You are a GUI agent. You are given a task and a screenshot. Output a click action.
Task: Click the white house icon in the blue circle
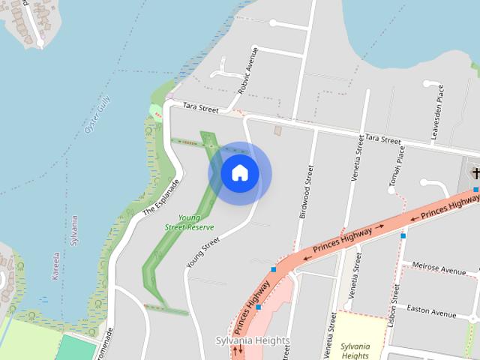(x=240, y=173)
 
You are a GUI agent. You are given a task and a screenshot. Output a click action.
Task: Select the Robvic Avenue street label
(x=247, y=70)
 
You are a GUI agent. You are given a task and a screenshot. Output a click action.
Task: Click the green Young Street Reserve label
(x=190, y=222)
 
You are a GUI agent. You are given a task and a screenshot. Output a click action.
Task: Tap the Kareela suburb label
(x=55, y=265)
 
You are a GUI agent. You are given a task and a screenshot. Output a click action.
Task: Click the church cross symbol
(x=475, y=174)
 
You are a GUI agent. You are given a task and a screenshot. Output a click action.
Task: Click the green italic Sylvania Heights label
(x=355, y=350)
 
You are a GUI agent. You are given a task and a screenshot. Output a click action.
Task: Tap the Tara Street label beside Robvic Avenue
(x=200, y=109)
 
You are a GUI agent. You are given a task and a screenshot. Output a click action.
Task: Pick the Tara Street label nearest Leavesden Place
(x=382, y=139)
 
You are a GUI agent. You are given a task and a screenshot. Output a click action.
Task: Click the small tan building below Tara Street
(x=277, y=130)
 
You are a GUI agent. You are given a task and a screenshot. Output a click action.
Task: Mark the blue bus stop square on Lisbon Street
(x=403, y=235)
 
